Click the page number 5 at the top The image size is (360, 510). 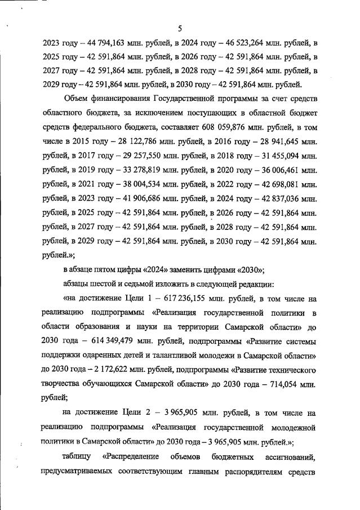point(180,28)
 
